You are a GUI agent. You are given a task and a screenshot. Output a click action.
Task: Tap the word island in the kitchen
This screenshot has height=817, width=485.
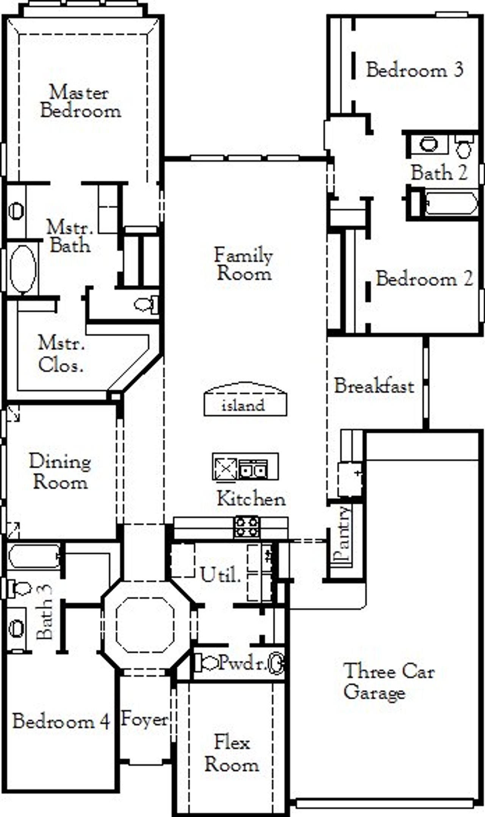tap(243, 406)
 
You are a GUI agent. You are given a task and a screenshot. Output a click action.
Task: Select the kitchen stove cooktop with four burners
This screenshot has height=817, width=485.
tap(247, 527)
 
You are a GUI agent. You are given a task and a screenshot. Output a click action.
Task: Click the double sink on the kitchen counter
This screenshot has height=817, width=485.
tap(253, 470)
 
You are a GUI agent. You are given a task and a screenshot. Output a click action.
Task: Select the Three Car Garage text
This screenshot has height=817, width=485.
tap(388, 682)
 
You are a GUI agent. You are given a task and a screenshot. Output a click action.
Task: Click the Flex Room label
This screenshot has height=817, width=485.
tap(232, 753)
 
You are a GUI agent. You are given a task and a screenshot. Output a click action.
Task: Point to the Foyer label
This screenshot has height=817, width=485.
tap(144, 719)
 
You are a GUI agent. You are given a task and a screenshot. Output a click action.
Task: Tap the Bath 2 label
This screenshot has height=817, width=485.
tap(439, 173)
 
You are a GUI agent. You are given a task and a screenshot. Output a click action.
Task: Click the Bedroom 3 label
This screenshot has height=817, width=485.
tap(415, 70)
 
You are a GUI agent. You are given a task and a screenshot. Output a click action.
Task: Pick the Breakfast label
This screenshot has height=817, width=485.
tap(374, 386)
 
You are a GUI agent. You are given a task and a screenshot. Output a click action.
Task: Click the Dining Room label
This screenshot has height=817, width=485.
tap(60, 472)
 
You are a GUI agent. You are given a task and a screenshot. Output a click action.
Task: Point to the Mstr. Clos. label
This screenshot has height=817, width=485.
tap(61, 354)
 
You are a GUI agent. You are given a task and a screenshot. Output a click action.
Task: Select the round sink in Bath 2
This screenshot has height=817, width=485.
tap(429, 144)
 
